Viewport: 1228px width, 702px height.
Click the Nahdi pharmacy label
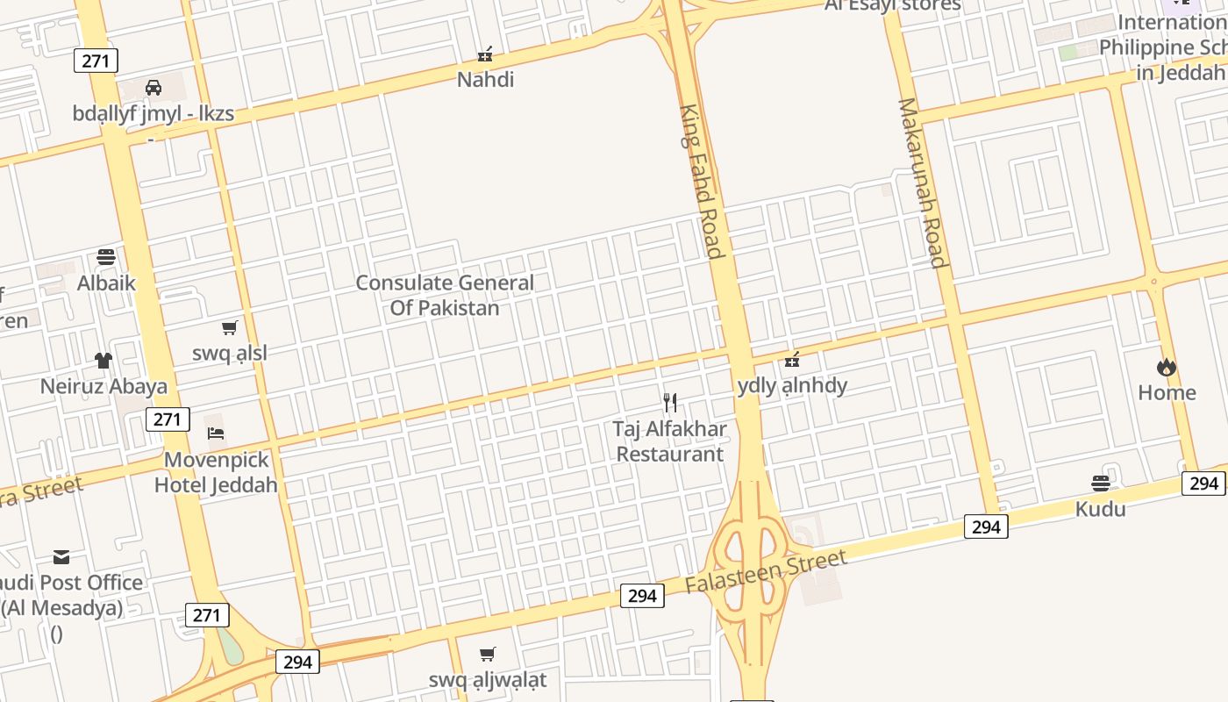485,80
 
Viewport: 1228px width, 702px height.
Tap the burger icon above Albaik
106,257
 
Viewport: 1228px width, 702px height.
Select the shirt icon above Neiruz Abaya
104,360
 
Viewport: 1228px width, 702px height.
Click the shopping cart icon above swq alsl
229,328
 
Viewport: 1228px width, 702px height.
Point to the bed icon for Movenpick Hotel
216,433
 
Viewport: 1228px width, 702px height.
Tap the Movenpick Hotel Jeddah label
216,472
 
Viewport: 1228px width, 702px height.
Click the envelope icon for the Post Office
61,556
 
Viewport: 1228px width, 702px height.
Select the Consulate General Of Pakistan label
445,295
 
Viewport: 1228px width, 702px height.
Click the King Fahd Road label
702,182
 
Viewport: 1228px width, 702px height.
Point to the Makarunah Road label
922,183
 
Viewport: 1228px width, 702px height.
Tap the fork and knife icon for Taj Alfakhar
670,403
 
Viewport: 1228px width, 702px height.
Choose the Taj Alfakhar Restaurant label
670,441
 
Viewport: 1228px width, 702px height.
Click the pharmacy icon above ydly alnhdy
792,359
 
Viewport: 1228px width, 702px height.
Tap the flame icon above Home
1166,367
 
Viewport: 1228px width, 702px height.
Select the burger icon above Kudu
1101,483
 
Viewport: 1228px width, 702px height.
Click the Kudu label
1101,509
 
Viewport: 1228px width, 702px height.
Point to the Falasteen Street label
767,571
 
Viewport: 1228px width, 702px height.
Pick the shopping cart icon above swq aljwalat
488,654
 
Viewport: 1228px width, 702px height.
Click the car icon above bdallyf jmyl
153,87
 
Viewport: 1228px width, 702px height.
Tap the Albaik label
106,283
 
